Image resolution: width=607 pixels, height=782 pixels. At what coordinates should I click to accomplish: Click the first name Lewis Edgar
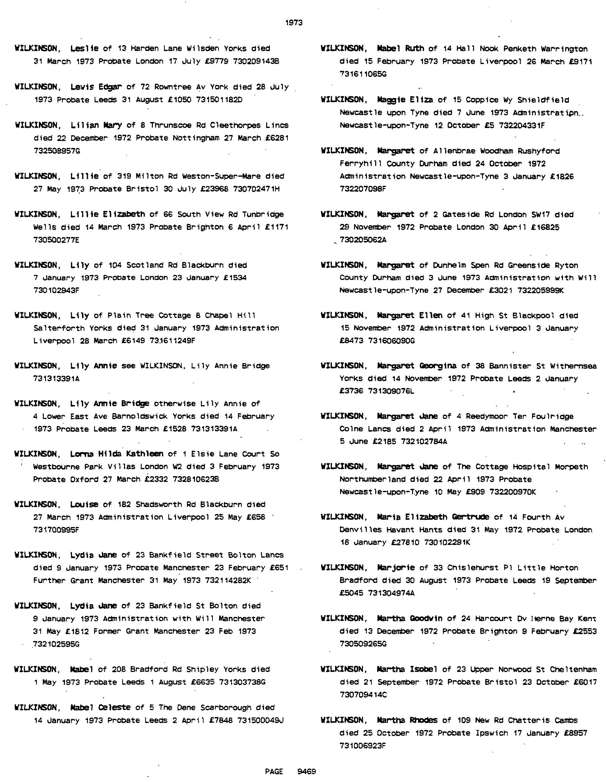pos(96,87)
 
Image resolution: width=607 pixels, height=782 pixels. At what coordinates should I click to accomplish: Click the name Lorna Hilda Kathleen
pos(117,454)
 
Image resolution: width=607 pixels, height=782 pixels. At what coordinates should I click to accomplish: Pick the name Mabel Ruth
pos(401,49)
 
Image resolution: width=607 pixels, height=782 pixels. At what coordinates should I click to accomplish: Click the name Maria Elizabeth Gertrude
pos(433,517)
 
